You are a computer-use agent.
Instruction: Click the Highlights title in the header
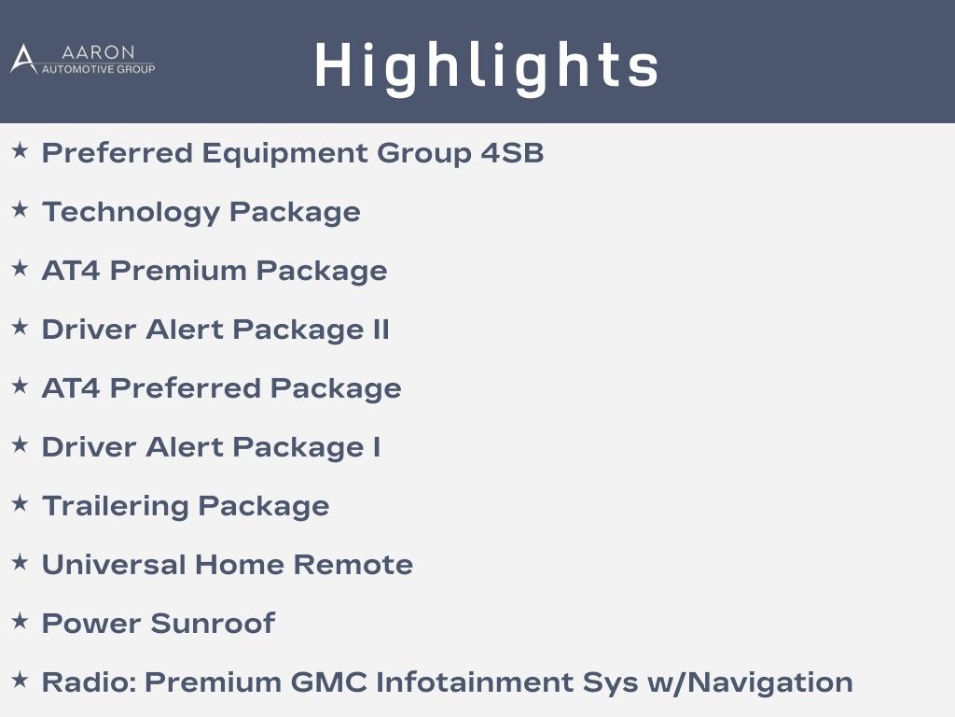click(x=487, y=66)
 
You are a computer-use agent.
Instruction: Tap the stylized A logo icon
click(x=23, y=59)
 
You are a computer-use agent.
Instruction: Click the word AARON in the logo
click(x=98, y=52)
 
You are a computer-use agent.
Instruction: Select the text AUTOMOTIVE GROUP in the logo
click(x=98, y=69)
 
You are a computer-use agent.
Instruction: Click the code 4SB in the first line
click(x=512, y=153)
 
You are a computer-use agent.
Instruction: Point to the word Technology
click(x=131, y=213)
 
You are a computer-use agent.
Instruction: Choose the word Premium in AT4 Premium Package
click(x=178, y=271)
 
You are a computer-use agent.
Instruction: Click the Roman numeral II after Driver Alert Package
click(x=381, y=330)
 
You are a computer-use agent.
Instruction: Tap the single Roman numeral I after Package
click(x=377, y=447)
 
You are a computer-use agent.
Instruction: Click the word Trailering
click(x=115, y=507)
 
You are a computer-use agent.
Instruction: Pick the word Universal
click(x=114, y=565)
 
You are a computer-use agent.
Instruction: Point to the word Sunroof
click(x=213, y=624)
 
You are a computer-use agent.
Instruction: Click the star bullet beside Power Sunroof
click(x=21, y=621)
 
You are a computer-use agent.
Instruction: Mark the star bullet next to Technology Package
click(x=21, y=210)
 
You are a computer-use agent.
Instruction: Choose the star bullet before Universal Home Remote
click(x=21, y=562)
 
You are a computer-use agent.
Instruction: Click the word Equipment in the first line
click(x=284, y=154)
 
